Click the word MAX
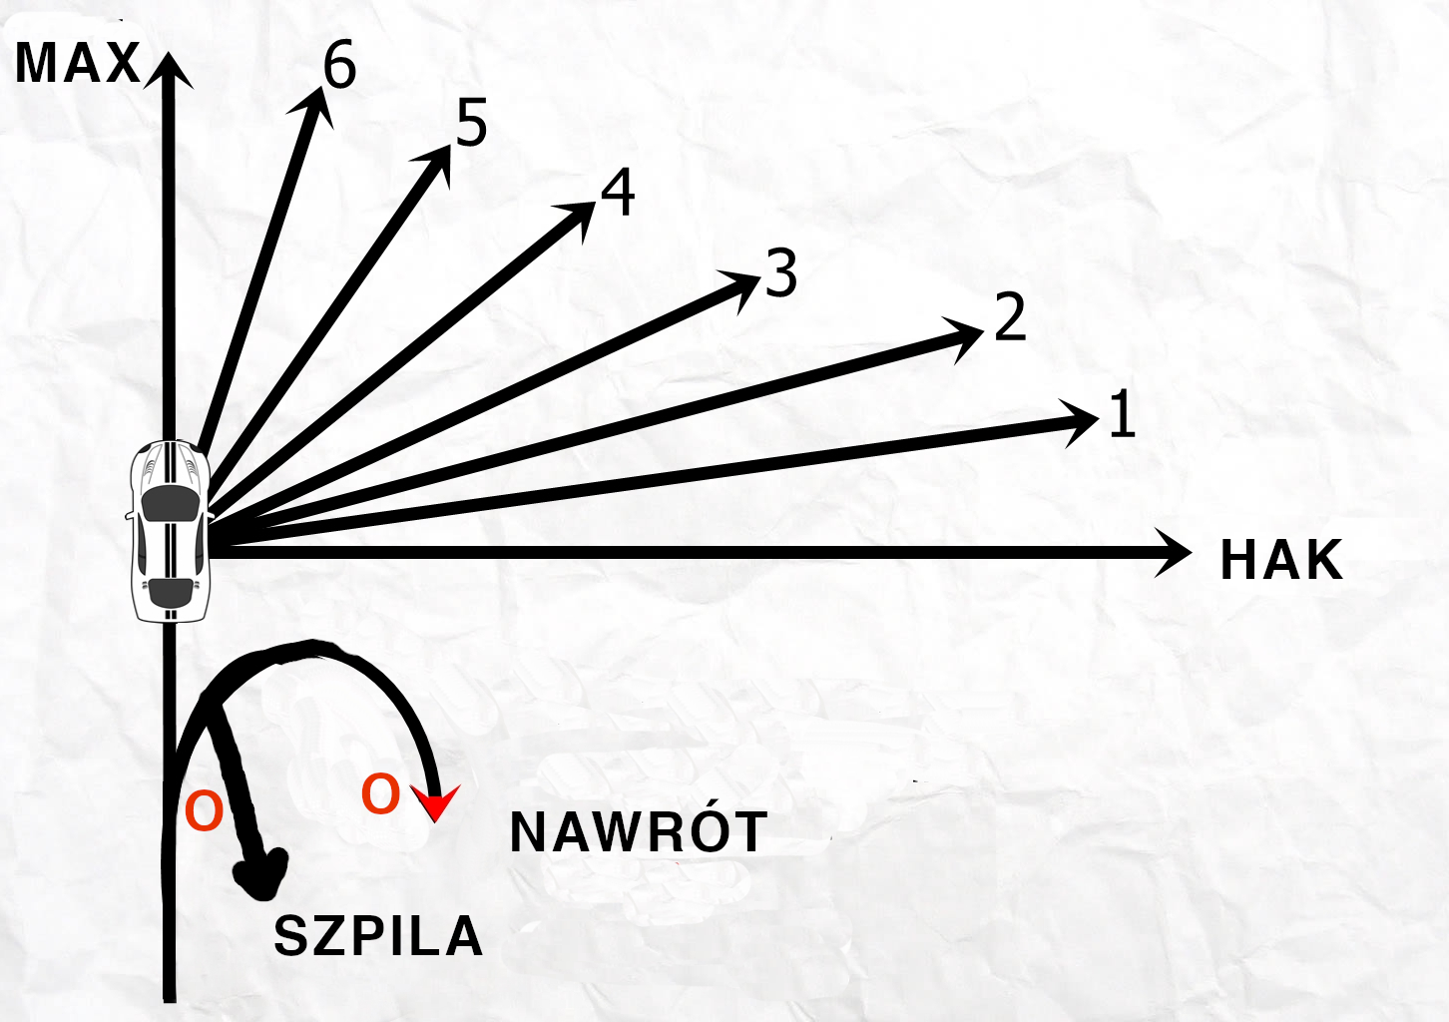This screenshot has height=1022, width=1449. pyautogui.click(x=78, y=64)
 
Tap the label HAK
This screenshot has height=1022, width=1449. pyautogui.click(x=1281, y=560)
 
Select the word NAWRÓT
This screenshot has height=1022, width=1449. pyautogui.click(x=639, y=832)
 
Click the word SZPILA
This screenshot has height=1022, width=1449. pyautogui.click(x=378, y=936)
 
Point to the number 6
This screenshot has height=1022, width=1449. pyautogui.click(x=339, y=66)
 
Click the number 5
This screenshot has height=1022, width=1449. pyautogui.click(x=472, y=123)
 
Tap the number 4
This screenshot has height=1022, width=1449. pyautogui.click(x=618, y=193)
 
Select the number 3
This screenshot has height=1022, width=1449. pyautogui.click(x=781, y=273)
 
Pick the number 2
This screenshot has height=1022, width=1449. pyautogui.click(x=1010, y=318)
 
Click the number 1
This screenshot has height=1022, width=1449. pyautogui.click(x=1123, y=414)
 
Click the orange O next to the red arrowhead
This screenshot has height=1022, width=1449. pyautogui.click(x=380, y=795)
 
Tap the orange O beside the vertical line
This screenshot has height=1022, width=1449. pyautogui.click(x=205, y=811)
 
